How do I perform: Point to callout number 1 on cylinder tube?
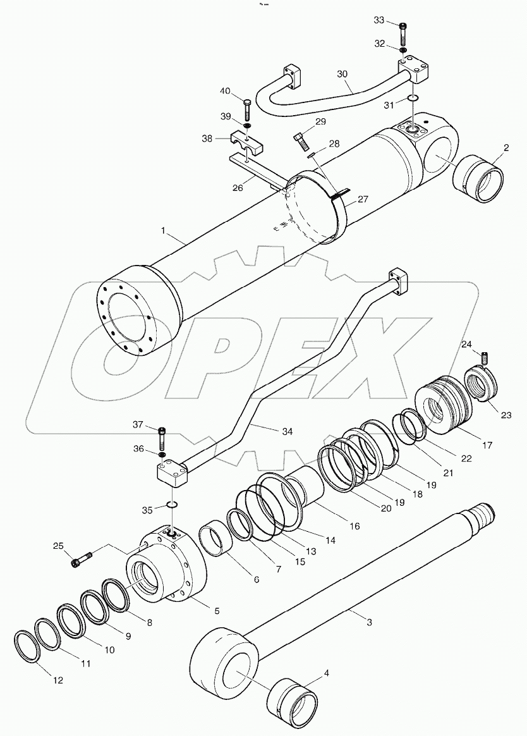(x=163, y=232)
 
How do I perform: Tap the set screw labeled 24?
(x=485, y=357)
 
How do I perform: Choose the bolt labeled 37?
(x=162, y=436)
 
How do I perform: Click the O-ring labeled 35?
(x=171, y=505)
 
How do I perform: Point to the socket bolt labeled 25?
(x=83, y=559)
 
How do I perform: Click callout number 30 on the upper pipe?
(x=342, y=74)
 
